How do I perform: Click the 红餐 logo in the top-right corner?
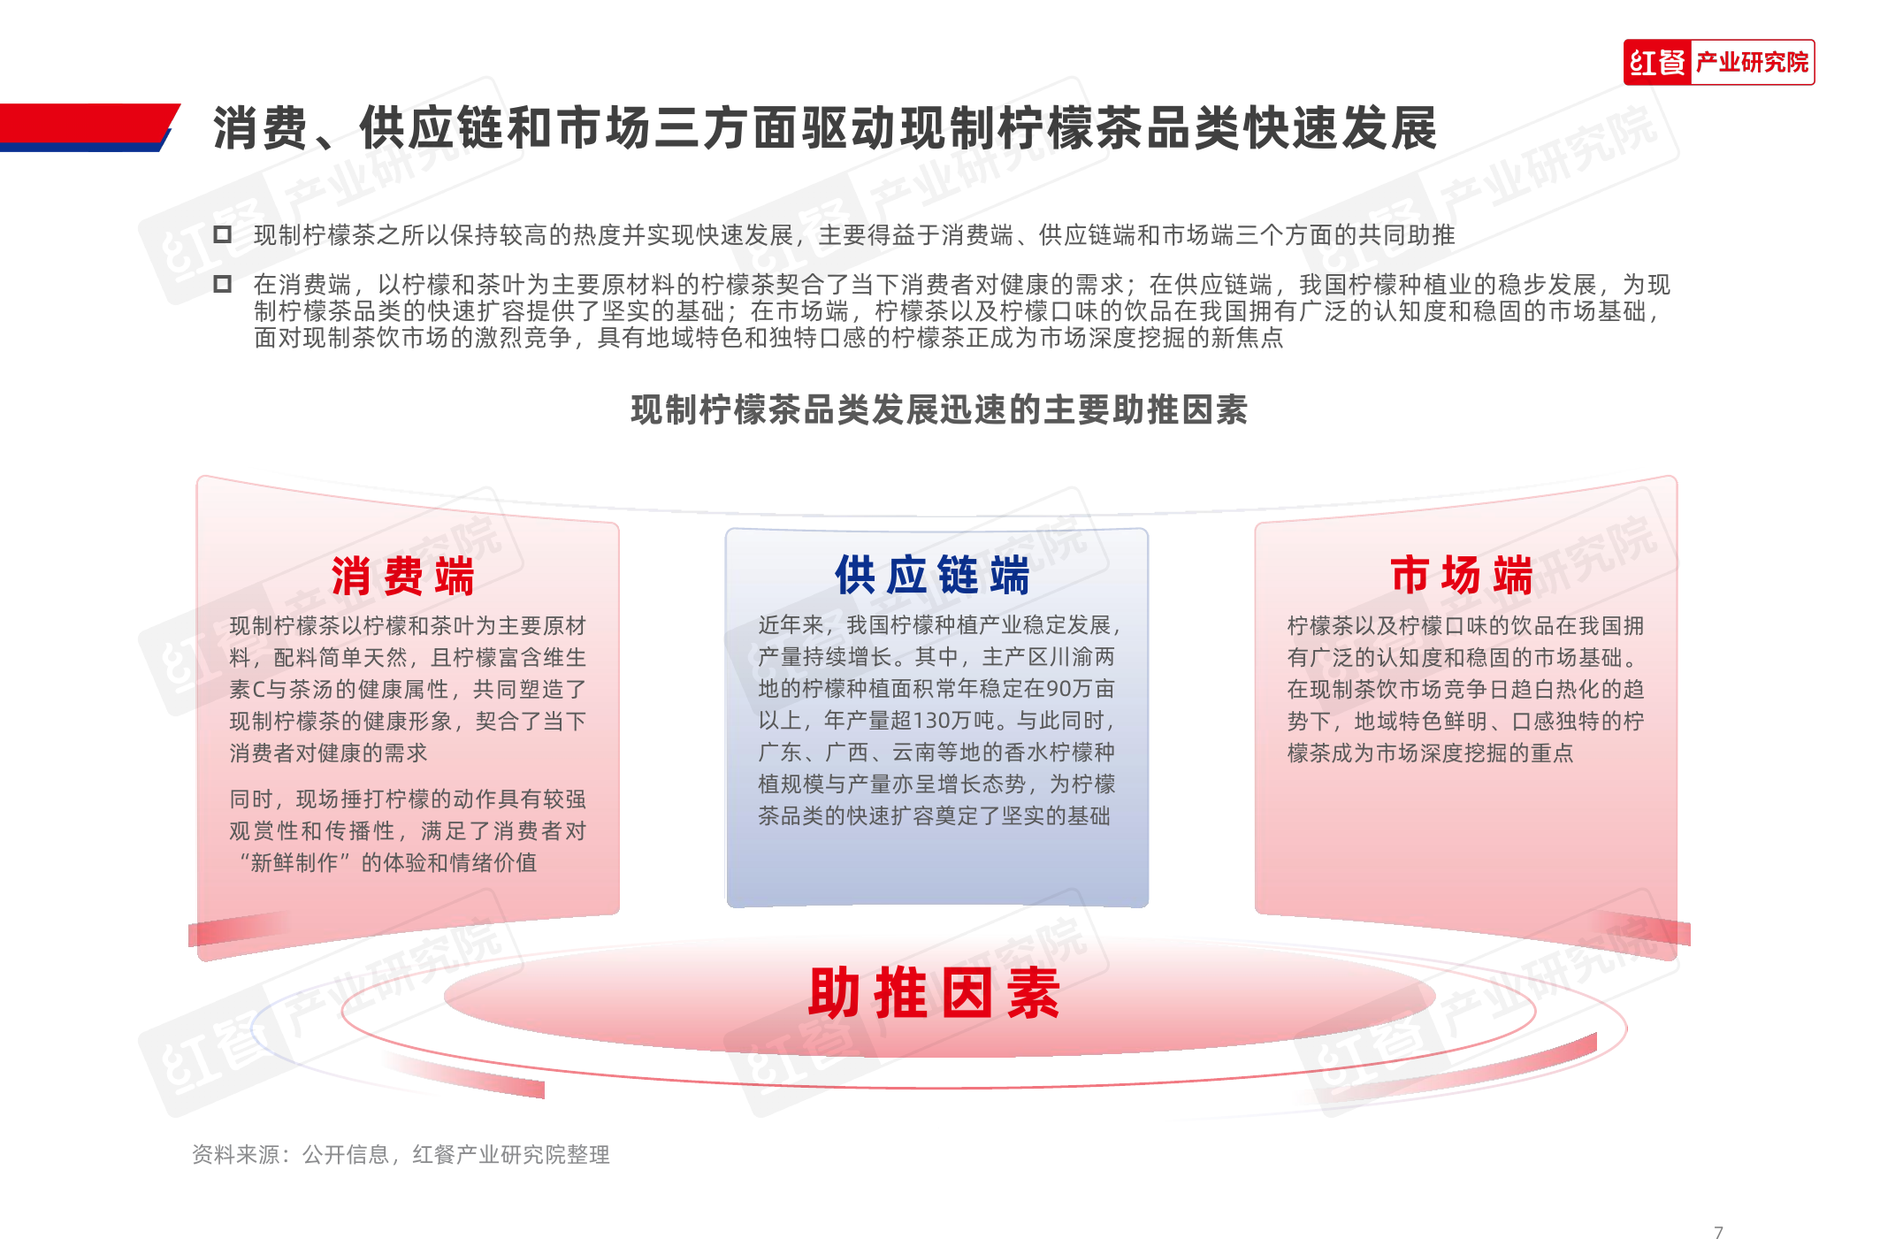pyautogui.click(x=1657, y=63)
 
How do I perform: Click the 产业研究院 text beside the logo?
pyautogui.click(x=1752, y=63)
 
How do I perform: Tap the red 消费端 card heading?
pyautogui.click(x=403, y=576)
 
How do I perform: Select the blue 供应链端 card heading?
pyautogui.click(x=932, y=575)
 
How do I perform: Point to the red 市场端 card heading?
pyautogui.click(x=1461, y=575)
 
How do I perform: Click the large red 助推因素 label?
pyautogui.click(x=934, y=992)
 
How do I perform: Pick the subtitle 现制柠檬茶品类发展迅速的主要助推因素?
pyautogui.click(x=939, y=409)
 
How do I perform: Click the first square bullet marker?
pyautogui.click(x=222, y=234)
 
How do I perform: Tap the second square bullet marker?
pyautogui.click(x=222, y=284)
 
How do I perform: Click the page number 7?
pyautogui.click(x=1718, y=1232)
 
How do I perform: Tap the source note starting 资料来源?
pyautogui.click(x=401, y=1154)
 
